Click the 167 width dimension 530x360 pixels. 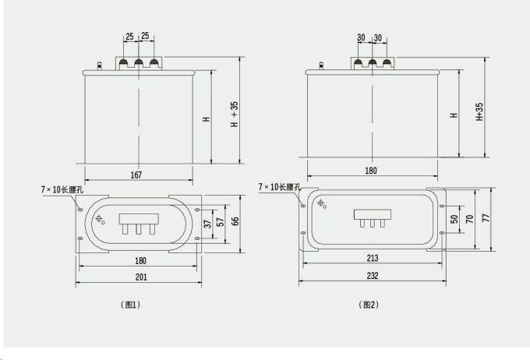136,175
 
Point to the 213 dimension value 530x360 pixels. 372,257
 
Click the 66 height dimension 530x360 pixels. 235,222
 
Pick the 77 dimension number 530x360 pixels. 486,219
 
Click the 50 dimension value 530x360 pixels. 456,220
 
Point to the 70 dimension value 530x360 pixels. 471,220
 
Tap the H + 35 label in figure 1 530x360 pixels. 235,116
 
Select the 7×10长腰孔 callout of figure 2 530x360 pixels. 279,187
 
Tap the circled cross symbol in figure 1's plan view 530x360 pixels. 99,219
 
